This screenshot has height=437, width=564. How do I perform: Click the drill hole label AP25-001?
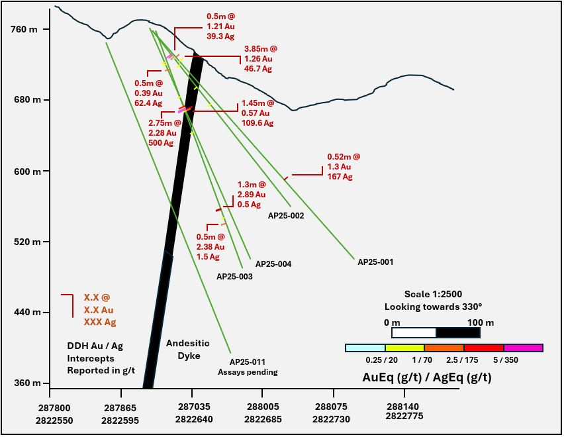click(375, 262)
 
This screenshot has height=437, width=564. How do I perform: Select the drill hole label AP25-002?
click(286, 216)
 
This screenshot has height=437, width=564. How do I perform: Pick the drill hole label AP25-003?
click(235, 276)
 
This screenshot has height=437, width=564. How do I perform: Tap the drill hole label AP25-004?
click(273, 264)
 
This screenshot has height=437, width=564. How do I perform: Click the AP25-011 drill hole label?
click(248, 362)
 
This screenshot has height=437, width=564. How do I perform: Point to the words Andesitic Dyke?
click(187, 349)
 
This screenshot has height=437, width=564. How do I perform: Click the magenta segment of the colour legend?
click(523, 348)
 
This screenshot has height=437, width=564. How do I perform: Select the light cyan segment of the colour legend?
click(365, 348)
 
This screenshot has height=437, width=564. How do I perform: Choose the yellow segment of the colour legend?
click(404, 348)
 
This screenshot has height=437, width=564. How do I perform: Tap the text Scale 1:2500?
click(433, 294)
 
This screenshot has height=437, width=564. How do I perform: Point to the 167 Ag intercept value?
click(340, 177)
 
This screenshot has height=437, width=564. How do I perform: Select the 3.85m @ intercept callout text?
click(260, 49)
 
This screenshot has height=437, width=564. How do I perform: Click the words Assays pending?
click(248, 372)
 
